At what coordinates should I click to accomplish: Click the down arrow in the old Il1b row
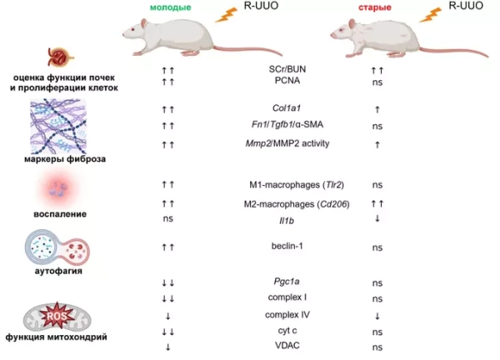pos(377,218)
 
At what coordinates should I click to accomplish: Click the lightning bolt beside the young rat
pos(225,12)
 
